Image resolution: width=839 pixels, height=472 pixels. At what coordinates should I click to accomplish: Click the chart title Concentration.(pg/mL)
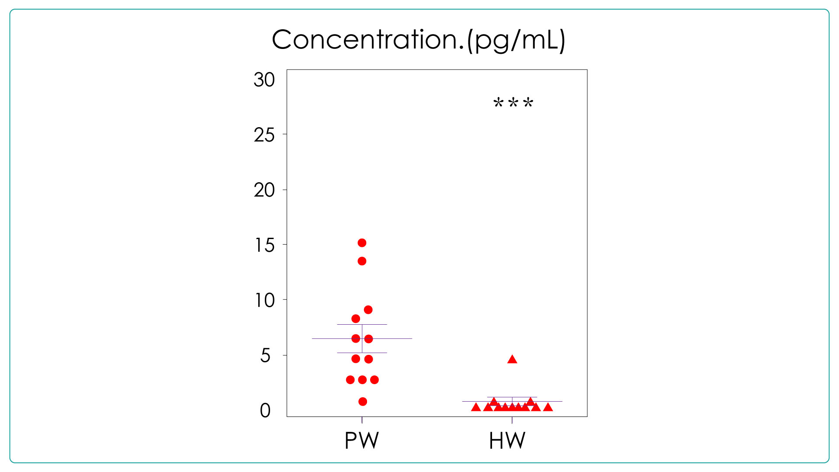[x=419, y=40]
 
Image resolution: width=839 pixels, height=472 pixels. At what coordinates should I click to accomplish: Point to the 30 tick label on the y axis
[x=264, y=80]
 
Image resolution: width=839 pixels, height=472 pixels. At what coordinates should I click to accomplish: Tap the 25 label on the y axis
[x=264, y=135]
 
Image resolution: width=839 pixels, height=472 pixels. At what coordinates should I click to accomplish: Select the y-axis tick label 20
[x=264, y=190]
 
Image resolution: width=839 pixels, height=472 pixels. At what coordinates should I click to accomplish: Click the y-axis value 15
[x=264, y=245]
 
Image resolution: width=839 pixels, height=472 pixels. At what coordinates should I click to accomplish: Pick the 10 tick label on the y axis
[x=264, y=300]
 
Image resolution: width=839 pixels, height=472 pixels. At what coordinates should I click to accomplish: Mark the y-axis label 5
[x=265, y=356]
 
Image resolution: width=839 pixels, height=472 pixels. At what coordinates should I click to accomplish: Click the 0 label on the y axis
[x=265, y=411]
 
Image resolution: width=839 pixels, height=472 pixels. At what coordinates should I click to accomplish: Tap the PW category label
[x=361, y=441]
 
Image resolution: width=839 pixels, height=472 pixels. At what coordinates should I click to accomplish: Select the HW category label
[x=507, y=441]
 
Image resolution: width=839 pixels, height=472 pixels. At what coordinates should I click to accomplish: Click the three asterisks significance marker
[x=513, y=104]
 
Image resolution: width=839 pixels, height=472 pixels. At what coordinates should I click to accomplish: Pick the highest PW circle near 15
[x=362, y=243]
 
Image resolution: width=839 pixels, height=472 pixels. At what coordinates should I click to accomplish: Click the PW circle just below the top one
[x=362, y=261]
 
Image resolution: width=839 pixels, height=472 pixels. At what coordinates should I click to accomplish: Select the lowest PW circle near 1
[x=363, y=402]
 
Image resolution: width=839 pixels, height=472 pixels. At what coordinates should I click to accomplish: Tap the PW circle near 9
[x=368, y=310]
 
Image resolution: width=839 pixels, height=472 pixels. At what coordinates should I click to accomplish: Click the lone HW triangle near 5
[x=512, y=360]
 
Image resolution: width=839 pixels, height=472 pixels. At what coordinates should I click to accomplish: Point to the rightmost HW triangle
[x=548, y=408]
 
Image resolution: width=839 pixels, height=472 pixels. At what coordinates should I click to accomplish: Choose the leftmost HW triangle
[x=476, y=408]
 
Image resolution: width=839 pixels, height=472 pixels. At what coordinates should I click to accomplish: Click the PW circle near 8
[x=356, y=319]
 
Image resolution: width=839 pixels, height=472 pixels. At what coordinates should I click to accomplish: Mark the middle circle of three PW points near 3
[x=362, y=380]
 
